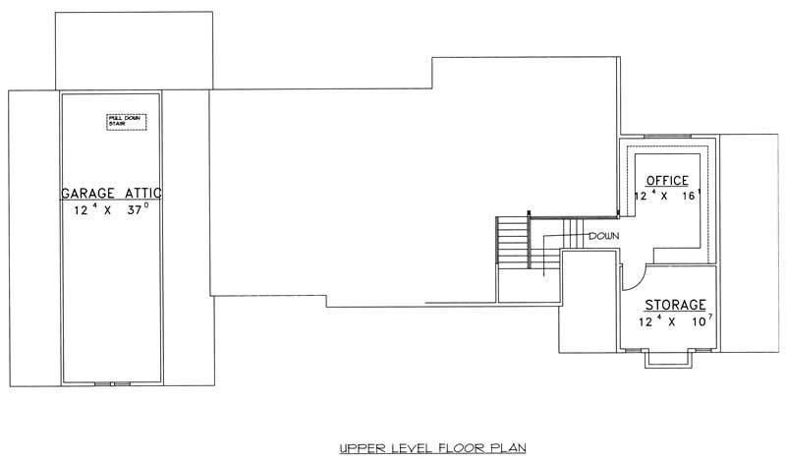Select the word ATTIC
click(142, 193)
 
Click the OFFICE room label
click(667, 181)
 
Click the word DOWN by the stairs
click(602, 237)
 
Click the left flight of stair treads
click(511, 245)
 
